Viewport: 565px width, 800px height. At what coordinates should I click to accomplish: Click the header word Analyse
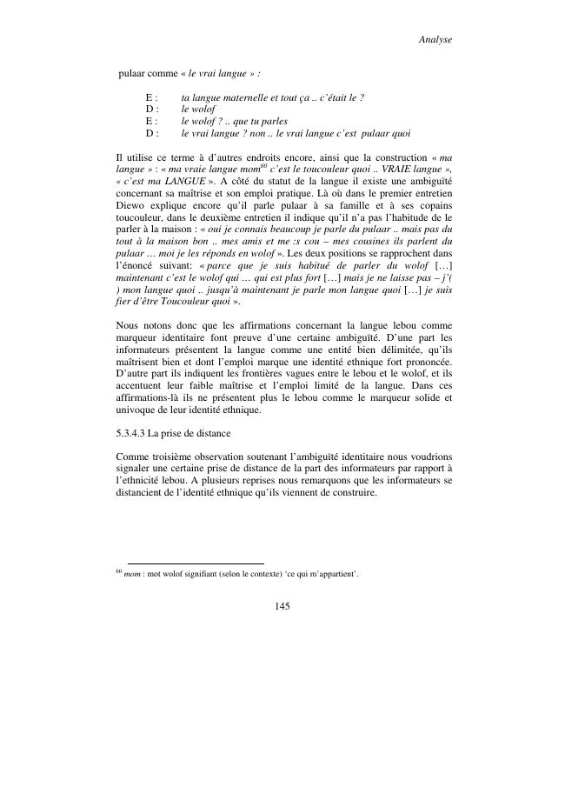(435, 40)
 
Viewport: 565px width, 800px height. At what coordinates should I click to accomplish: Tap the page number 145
(282, 605)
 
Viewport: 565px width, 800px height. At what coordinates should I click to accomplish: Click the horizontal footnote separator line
(196, 563)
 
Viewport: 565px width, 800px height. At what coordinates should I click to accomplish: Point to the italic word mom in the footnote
(132, 576)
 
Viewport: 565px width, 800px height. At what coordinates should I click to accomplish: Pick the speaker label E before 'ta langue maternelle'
(150, 97)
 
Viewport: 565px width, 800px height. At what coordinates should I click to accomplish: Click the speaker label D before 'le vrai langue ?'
(150, 134)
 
